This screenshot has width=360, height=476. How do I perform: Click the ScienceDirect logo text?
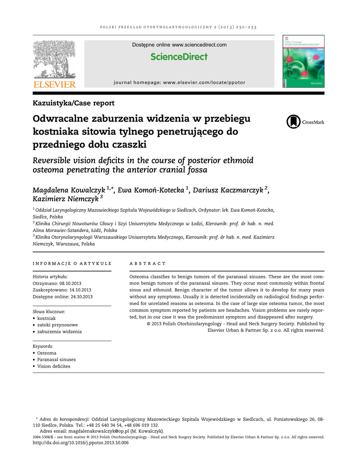point(179,57)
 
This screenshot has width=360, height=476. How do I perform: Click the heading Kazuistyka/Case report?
point(73,103)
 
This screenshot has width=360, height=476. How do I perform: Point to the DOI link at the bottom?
point(80,443)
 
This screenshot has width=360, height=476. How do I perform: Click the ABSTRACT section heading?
point(147,264)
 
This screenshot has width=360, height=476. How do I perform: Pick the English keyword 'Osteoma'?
point(47,353)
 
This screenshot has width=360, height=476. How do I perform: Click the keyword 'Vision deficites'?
point(54,366)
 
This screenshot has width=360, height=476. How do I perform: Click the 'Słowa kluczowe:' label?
point(49,311)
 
